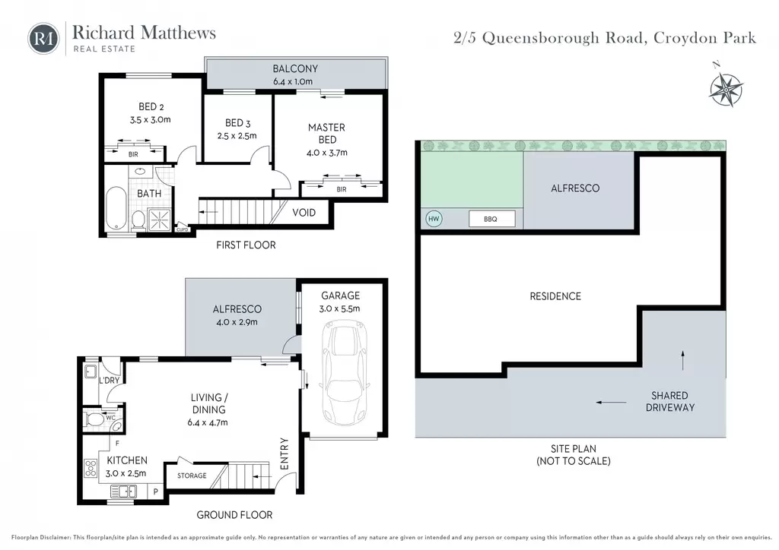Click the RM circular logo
coord(43,38)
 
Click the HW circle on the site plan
coord(434,219)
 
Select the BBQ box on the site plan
coord(491,219)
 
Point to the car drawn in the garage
coord(346,372)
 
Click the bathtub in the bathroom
coord(116,208)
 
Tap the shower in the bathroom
coord(160,220)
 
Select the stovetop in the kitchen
coord(91,469)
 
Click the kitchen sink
coord(124,492)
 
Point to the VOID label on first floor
coord(304,213)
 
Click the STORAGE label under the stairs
coord(192,476)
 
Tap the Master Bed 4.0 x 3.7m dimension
coord(327,153)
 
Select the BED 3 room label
coord(237,122)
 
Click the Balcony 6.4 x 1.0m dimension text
coord(293,81)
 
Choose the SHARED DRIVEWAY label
coord(669,401)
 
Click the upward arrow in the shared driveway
coord(683,361)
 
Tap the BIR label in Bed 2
coord(133,154)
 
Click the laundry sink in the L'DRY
coord(91,371)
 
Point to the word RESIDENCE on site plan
coord(555,296)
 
